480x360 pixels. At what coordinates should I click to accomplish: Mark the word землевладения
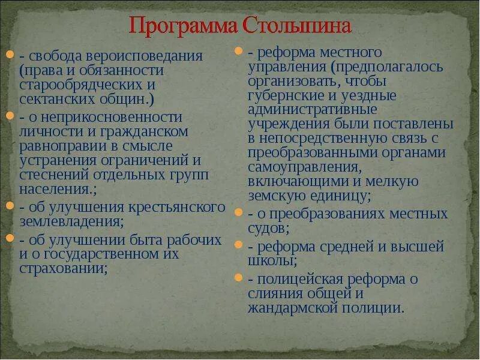coord(71,221)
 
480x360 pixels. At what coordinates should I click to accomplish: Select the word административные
coord(312,110)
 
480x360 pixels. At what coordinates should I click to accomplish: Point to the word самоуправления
coord(304,166)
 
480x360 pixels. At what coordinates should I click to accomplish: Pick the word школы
coord(271,260)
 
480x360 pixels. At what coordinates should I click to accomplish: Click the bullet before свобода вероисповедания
coord(10,56)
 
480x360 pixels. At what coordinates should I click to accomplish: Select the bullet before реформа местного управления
coord(238,52)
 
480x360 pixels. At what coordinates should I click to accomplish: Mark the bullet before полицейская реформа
coord(238,278)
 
